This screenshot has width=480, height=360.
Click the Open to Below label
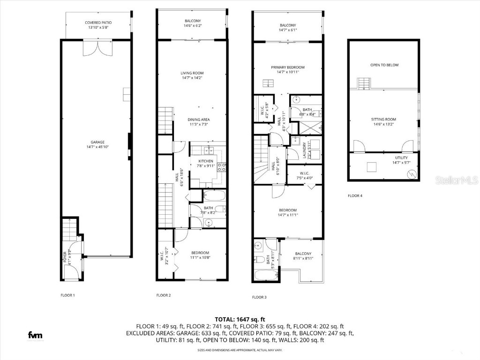pyautogui.click(x=384, y=65)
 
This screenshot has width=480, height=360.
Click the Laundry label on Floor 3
pyautogui.click(x=305, y=150)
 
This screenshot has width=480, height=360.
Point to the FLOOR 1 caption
pyautogui.click(x=67, y=295)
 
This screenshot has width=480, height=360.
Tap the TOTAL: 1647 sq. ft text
pyautogui.click(x=240, y=319)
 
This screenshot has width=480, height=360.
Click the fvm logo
pyautogui.click(x=35, y=335)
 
